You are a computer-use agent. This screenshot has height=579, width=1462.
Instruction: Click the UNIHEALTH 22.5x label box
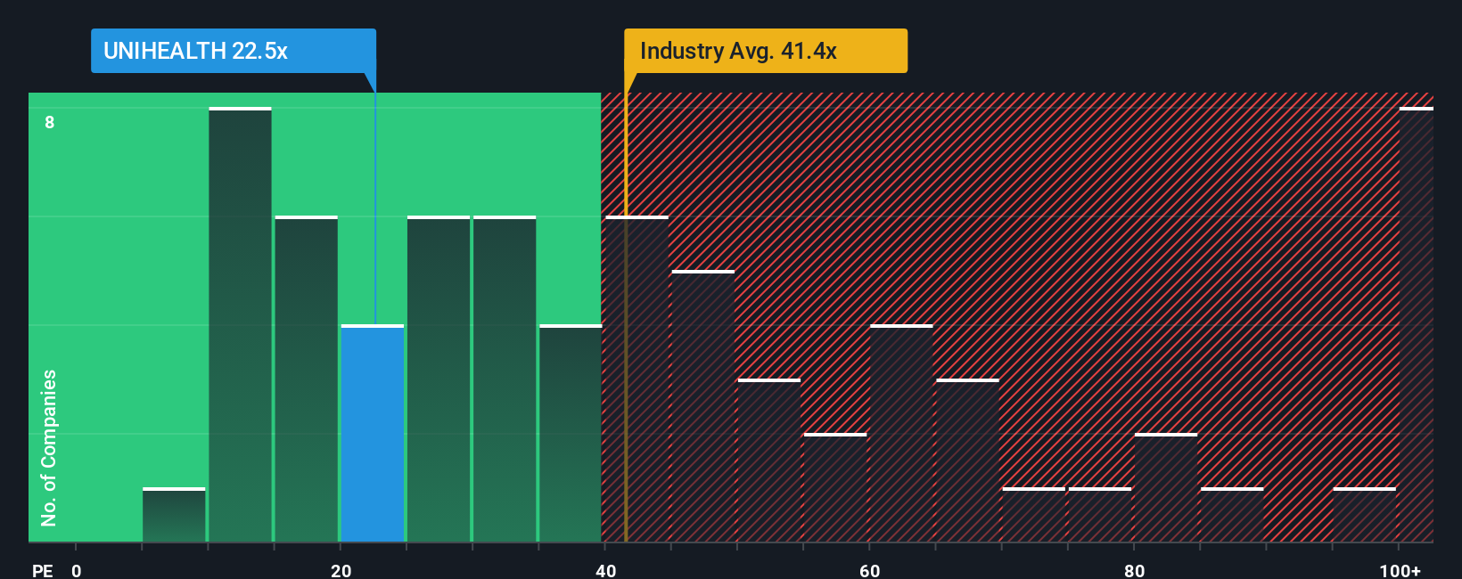[x=233, y=51]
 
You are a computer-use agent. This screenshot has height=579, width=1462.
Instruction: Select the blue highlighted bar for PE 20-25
[x=373, y=434]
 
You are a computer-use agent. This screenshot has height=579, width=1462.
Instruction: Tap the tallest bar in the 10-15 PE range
[x=240, y=325]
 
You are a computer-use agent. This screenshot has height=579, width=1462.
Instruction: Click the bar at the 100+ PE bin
[x=1416, y=325]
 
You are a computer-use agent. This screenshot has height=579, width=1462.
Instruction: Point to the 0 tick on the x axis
[x=77, y=570]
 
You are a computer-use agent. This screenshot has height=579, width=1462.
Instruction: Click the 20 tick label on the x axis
[x=341, y=570]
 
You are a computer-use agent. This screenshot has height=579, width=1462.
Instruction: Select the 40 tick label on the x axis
[x=605, y=570]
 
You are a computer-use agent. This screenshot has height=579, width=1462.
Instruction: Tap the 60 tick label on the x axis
[x=870, y=570]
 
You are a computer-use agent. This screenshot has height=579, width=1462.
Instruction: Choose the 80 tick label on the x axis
[x=1134, y=570]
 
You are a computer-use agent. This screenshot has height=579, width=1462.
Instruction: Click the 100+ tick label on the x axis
[x=1400, y=570]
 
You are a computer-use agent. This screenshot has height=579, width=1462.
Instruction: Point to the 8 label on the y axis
[x=50, y=122]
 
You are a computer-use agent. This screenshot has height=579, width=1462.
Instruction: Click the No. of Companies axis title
[x=49, y=447]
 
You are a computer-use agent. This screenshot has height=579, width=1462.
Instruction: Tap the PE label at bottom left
[x=42, y=570]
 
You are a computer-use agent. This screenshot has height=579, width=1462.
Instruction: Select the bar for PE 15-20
[x=306, y=379]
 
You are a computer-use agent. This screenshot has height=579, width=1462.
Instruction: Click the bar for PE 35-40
[x=571, y=434]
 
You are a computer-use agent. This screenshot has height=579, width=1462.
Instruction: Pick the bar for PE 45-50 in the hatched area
[x=703, y=406]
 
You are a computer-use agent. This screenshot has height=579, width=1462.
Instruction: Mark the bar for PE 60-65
[x=901, y=434]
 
